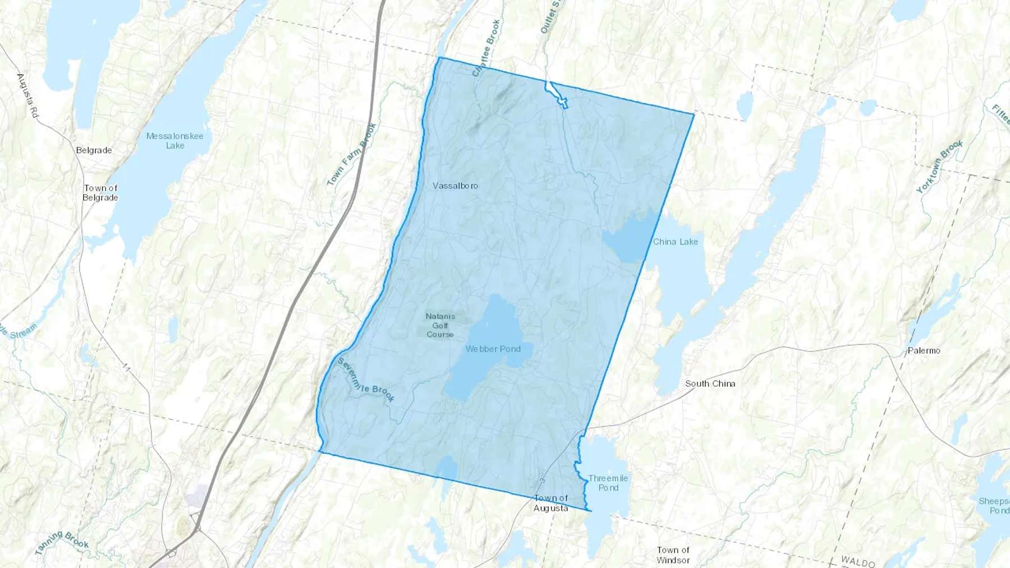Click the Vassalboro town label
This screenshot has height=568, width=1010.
[455, 186]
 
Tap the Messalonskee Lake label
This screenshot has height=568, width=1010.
[175, 141]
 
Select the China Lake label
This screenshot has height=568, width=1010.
[676, 242]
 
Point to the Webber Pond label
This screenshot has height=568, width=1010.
[493, 349]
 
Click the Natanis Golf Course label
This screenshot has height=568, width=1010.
[440, 325]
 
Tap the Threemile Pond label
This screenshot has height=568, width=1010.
[608, 483]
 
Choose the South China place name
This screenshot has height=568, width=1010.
[710, 384]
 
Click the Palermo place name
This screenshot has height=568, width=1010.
[924, 350]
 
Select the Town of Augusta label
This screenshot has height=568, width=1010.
[551, 503]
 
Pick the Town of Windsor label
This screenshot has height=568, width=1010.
[673, 555]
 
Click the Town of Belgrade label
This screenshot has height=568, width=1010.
[100, 193]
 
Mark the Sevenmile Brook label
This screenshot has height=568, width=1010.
[366, 380]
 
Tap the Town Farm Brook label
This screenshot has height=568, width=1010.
[351, 154]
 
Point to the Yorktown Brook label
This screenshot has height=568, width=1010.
[939, 167]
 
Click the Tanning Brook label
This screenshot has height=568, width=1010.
[62, 542]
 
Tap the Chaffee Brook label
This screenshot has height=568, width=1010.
[486, 48]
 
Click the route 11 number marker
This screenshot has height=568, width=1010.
[126, 368]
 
